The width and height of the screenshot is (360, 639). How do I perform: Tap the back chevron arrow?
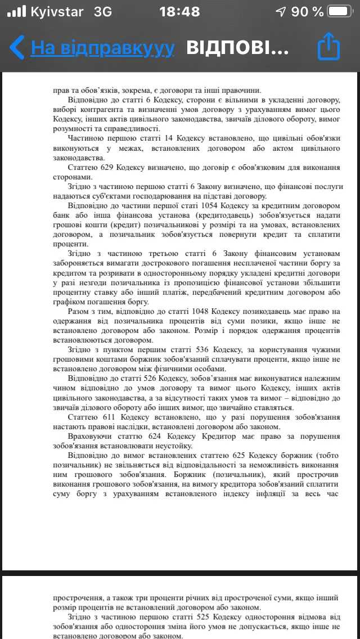coord(17,48)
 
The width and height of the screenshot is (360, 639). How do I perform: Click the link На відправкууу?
coord(102,48)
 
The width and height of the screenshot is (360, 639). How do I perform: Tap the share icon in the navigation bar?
coord(329,47)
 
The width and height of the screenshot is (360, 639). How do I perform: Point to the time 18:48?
coord(179,12)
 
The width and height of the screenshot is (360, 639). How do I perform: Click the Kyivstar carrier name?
coord(57,12)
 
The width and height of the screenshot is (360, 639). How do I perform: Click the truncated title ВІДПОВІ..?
coord(237,48)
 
